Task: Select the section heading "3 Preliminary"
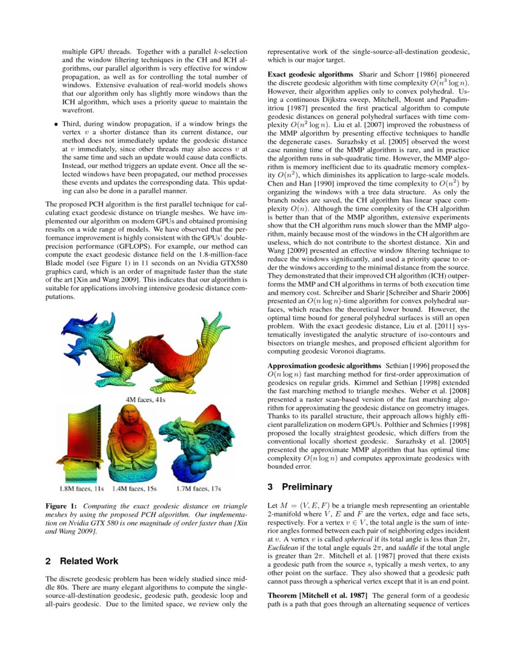click(x=300, y=487)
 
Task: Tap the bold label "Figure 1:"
click(x=62, y=506)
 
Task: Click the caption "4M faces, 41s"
click(x=146, y=400)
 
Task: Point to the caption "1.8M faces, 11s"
click(x=82, y=488)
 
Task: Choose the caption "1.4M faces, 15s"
click(x=135, y=488)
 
